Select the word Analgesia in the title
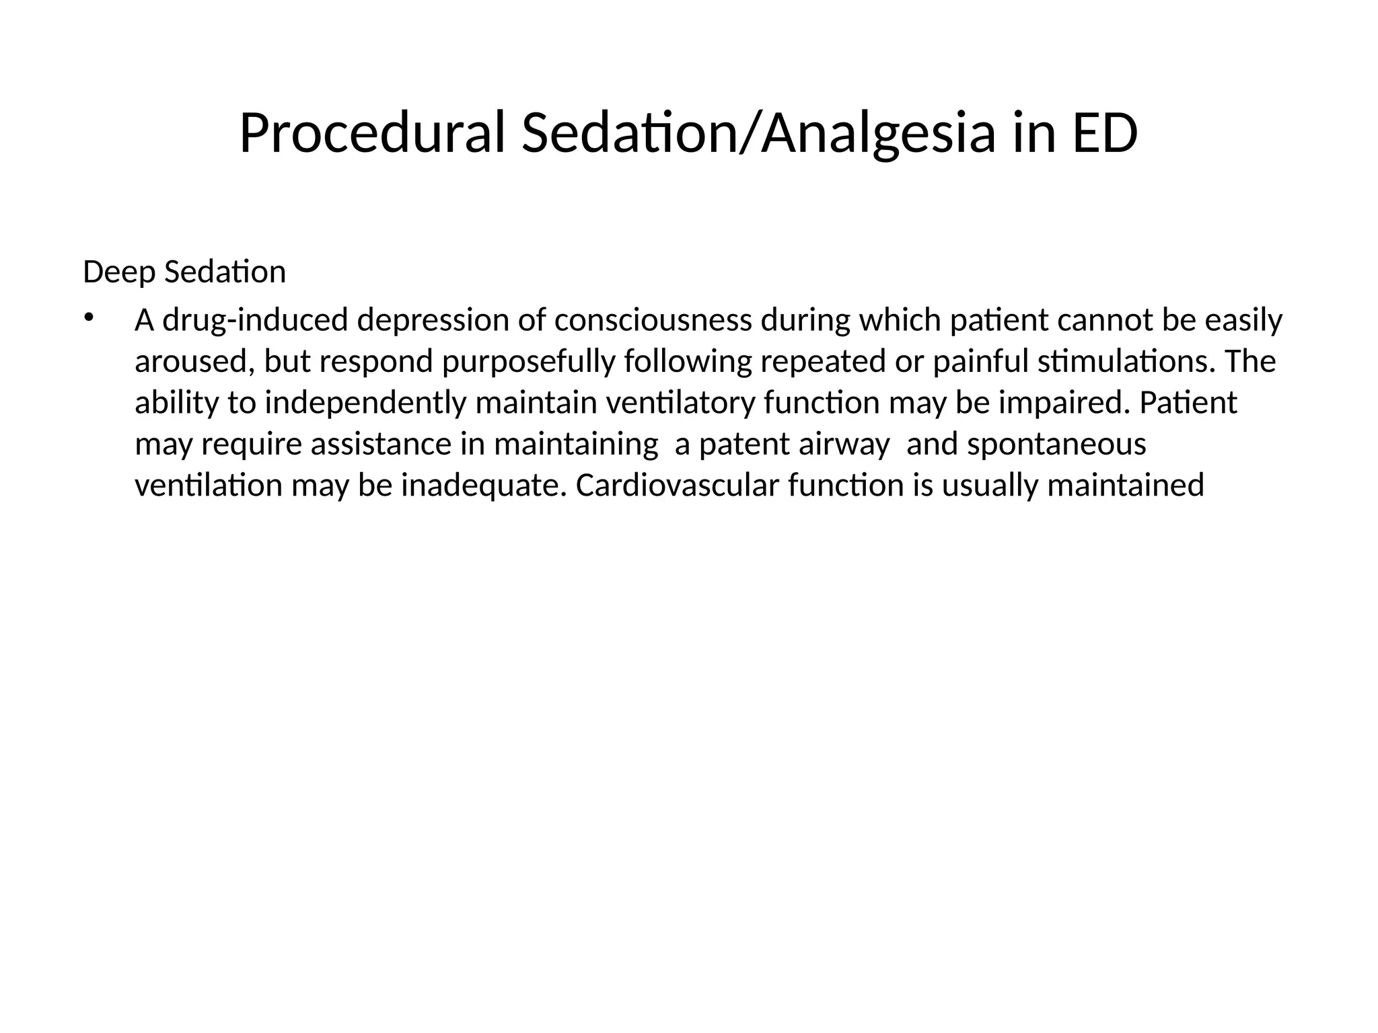pyautogui.click(x=878, y=134)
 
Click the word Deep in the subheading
pyautogui.click(x=118, y=272)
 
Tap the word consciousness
pyautogui.click(x=653, y=321)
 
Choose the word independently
pyautogui.click(x=365, y=404)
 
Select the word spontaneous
pyautogui.click(x=1056, y=445)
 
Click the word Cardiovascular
pyautogui.click(x=677, y=486)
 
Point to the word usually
pyautogui.click(x=990, y=486)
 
